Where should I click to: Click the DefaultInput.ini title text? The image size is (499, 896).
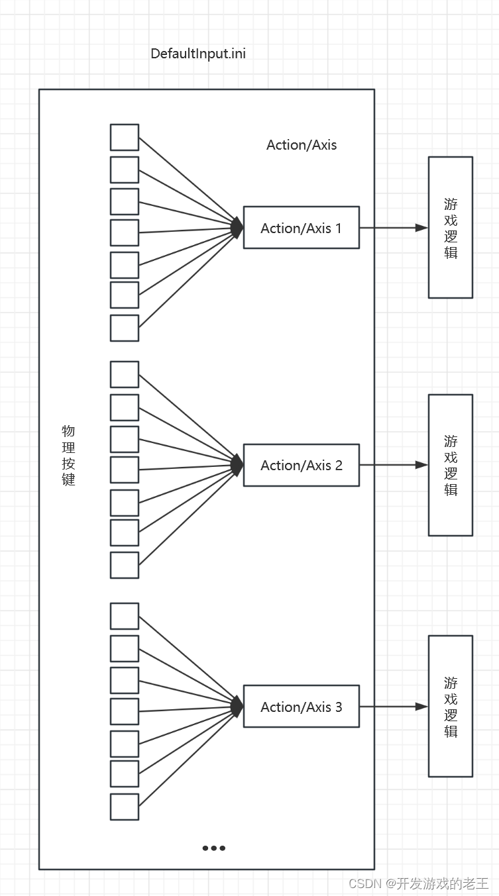coord(198,54)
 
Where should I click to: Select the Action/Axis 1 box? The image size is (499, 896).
coord(301,228)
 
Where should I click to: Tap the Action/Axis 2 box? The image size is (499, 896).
coord(301,466)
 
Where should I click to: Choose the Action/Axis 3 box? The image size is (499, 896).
coord(301,707)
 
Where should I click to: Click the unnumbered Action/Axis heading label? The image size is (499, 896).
coord(302,145)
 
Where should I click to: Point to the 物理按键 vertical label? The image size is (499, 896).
coord(68,456)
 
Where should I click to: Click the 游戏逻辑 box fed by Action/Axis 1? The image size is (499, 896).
coord(450,227)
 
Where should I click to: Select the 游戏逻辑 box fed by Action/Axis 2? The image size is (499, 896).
coord(450,465)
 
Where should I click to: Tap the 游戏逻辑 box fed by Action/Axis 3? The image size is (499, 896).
coord(450,706)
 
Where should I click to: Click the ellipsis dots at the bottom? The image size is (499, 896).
coord(213,848)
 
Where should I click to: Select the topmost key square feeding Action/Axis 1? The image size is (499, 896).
coord(125,137)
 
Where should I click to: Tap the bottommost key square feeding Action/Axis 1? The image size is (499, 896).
coord(125,328)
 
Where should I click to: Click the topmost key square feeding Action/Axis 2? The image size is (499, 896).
coord(125,374)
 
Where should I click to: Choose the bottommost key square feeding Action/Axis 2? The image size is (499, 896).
coord(125,565)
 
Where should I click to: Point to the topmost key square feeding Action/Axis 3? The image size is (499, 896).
coord(125,616)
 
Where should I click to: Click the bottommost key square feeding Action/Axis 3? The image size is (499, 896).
coord(125,807)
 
